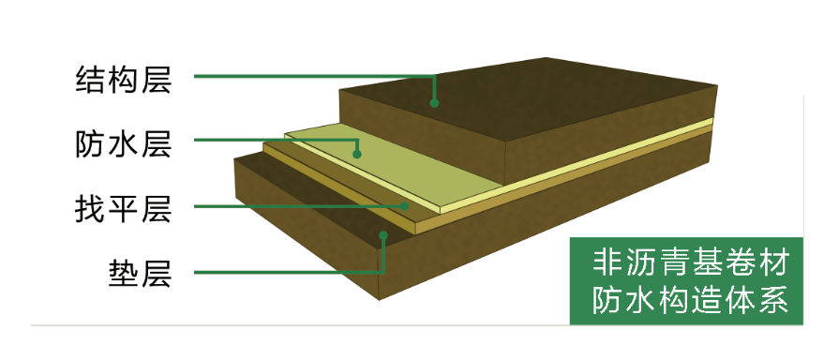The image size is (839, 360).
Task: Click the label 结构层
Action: click(x=124, y=80)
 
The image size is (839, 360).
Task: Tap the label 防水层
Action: click(x=124, y=143)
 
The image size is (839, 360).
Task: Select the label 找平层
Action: click(x=124, y=209)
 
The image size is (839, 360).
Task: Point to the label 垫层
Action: click(x=141, y=274)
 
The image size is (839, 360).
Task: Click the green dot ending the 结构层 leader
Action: click(x=434, y=103)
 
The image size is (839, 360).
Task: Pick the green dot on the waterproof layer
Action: click(x=357, y=154)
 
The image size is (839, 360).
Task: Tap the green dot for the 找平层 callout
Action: click(x=405, y=205)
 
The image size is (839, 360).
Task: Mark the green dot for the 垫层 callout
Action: click(x=383, y=234)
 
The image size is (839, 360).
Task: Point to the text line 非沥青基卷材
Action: click(x=691, y=263)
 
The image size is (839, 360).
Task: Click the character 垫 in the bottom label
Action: click(x=124, y=274)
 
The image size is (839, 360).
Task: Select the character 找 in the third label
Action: click(x=91, y=209)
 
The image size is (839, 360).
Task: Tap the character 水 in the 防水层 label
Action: click(x=124, y=143)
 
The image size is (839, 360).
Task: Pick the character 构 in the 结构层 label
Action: click(x=124, y=80)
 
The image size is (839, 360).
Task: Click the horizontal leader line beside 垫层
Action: click(x=289, y=273)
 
